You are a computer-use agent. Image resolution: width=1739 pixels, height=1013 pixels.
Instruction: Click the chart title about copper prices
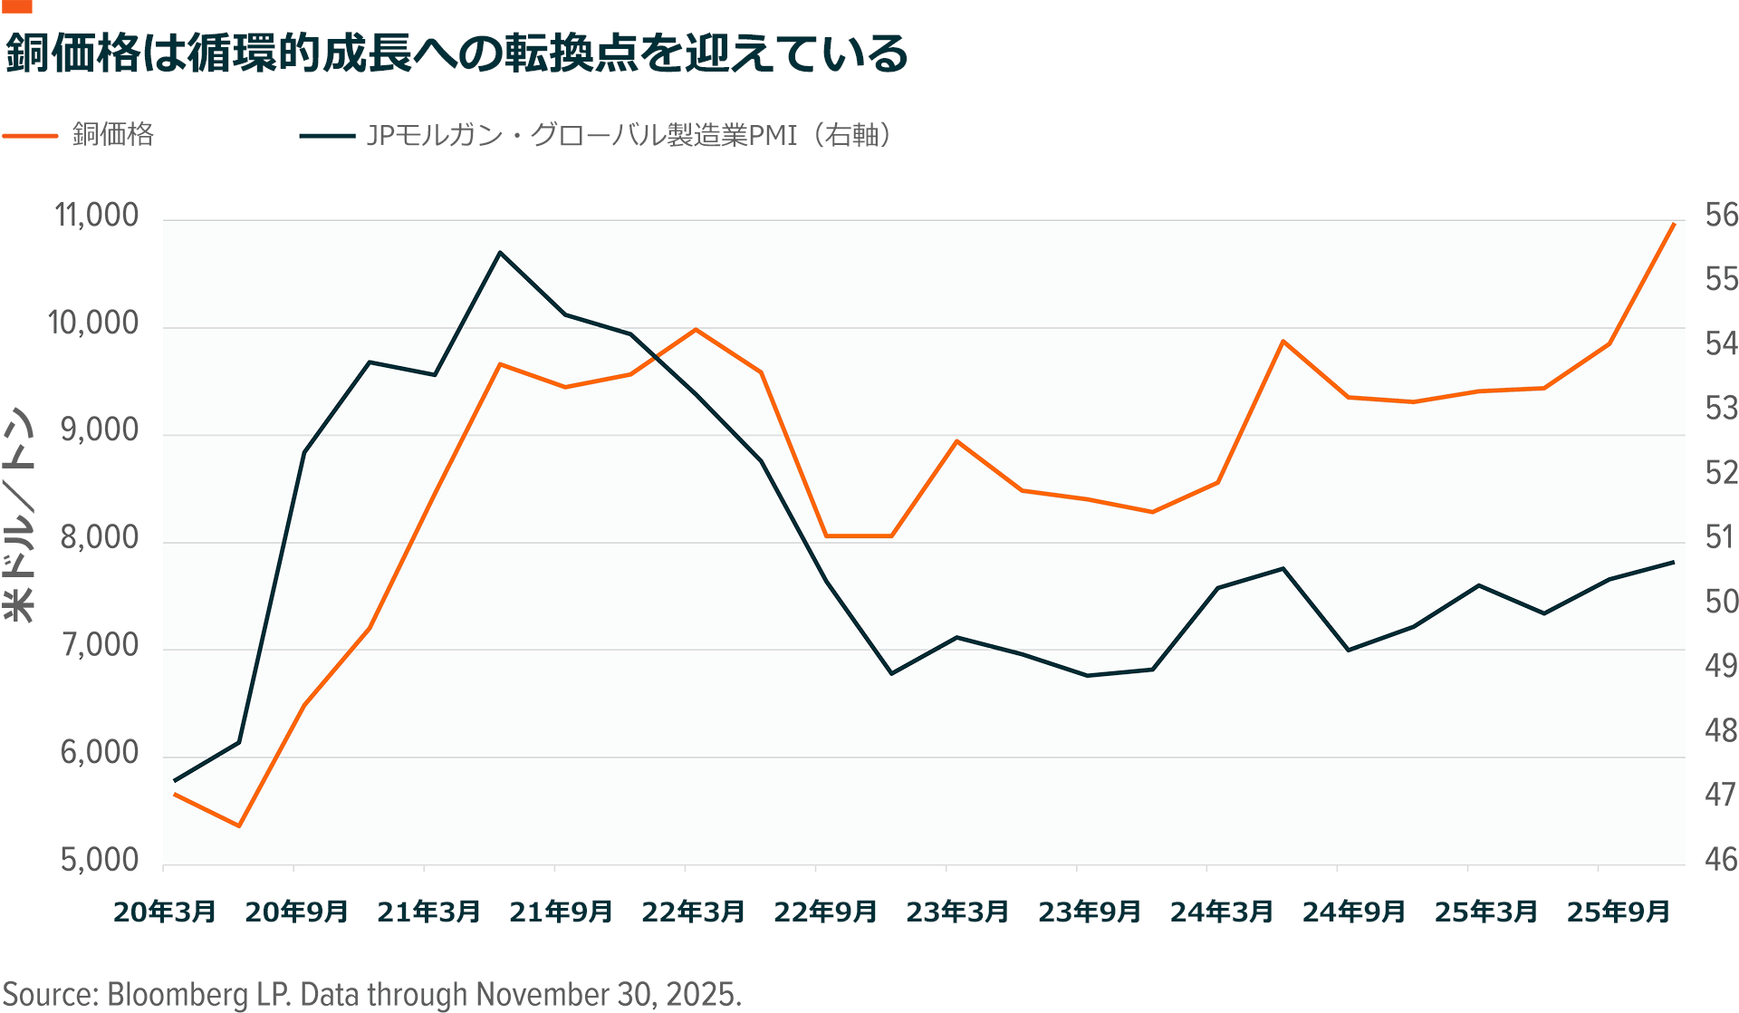pyautogui.click(x=456, y=53)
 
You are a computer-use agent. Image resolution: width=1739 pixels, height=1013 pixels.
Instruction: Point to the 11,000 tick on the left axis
pyautogui.click(x=97, y=216)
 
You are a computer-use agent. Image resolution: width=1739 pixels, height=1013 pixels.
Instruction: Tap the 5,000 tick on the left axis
pyautogui.click(x=100, y=860)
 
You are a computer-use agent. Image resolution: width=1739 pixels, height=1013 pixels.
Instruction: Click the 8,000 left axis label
pyautogui.click(x=100, y=538)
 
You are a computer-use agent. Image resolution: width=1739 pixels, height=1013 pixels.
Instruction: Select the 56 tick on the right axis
pyautogui.click(x=1721, y=216)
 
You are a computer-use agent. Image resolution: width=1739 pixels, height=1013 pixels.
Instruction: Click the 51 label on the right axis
pyautogui.click(x=1721, y=538)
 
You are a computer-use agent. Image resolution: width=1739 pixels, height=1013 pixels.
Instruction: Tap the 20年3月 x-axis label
pyautogui.click(x=165, y=912)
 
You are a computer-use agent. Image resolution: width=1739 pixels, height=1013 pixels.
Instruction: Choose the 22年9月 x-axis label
pyautogui.click(x=825, y=912)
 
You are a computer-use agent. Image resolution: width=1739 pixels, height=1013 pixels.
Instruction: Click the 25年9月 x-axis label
pyautogui.click(x=1619, y=912)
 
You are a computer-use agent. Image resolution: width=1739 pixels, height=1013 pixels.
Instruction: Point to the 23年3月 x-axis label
pyautogui.click(x=957, y=912)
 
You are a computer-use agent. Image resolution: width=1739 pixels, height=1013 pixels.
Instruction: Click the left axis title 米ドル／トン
pyautogui.click(x=19, y=514)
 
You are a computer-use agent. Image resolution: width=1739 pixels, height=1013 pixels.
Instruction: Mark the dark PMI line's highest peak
pyautogui.click(x=500, y=252)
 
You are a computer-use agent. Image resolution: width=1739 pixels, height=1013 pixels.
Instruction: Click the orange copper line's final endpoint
pyautogui.click(x=1674, y=223)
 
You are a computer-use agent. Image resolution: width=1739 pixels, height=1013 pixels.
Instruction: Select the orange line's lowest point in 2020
pyautogui.click(x=239, y=825)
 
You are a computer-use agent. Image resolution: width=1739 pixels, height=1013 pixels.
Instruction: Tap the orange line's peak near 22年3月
pyautogui.click(x=696, y=329)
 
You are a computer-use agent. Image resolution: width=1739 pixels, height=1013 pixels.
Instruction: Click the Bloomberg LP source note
pyautogui.click(x=372, y=994)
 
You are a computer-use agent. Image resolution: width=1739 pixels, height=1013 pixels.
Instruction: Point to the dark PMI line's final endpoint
pyautogui.click(x=1674, y=562)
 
